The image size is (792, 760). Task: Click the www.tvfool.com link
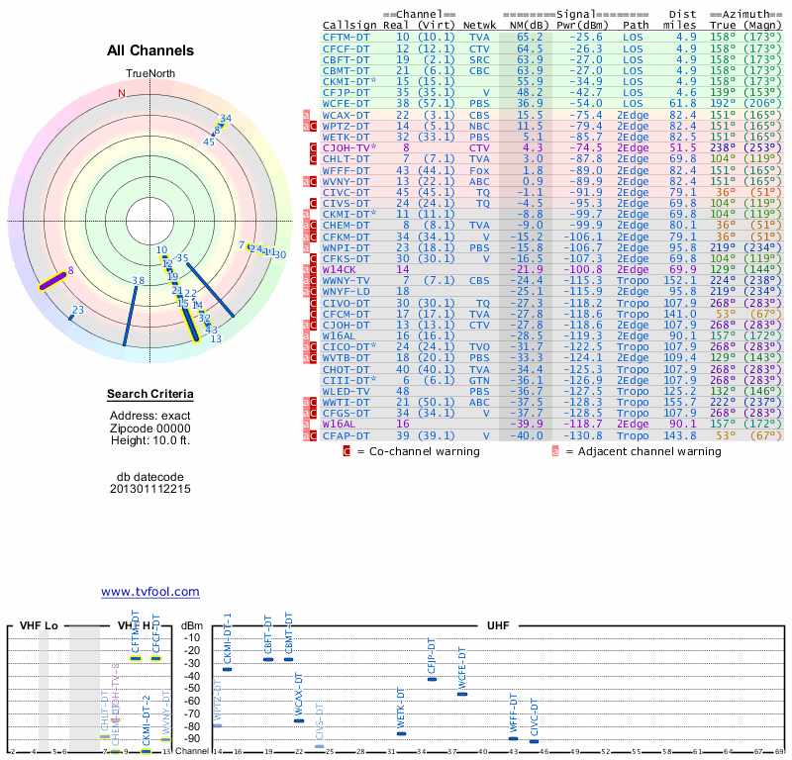click(149, 592)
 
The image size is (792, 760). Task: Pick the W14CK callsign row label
click(340, 267)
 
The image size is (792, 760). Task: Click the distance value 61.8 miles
click(686, 103)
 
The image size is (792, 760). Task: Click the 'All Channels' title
click(150, 50)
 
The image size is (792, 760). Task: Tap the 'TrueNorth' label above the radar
click(150, 74)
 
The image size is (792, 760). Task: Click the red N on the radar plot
click(123, 93)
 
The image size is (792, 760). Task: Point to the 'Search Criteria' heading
click(150, 395)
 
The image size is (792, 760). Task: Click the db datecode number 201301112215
click(150, 489)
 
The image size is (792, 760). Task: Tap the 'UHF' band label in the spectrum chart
click(499, 626)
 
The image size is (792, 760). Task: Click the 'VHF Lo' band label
click(40, 626)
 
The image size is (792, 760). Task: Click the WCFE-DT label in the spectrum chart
click(461, 668)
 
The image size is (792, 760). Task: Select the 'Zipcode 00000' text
click(150, 427)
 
